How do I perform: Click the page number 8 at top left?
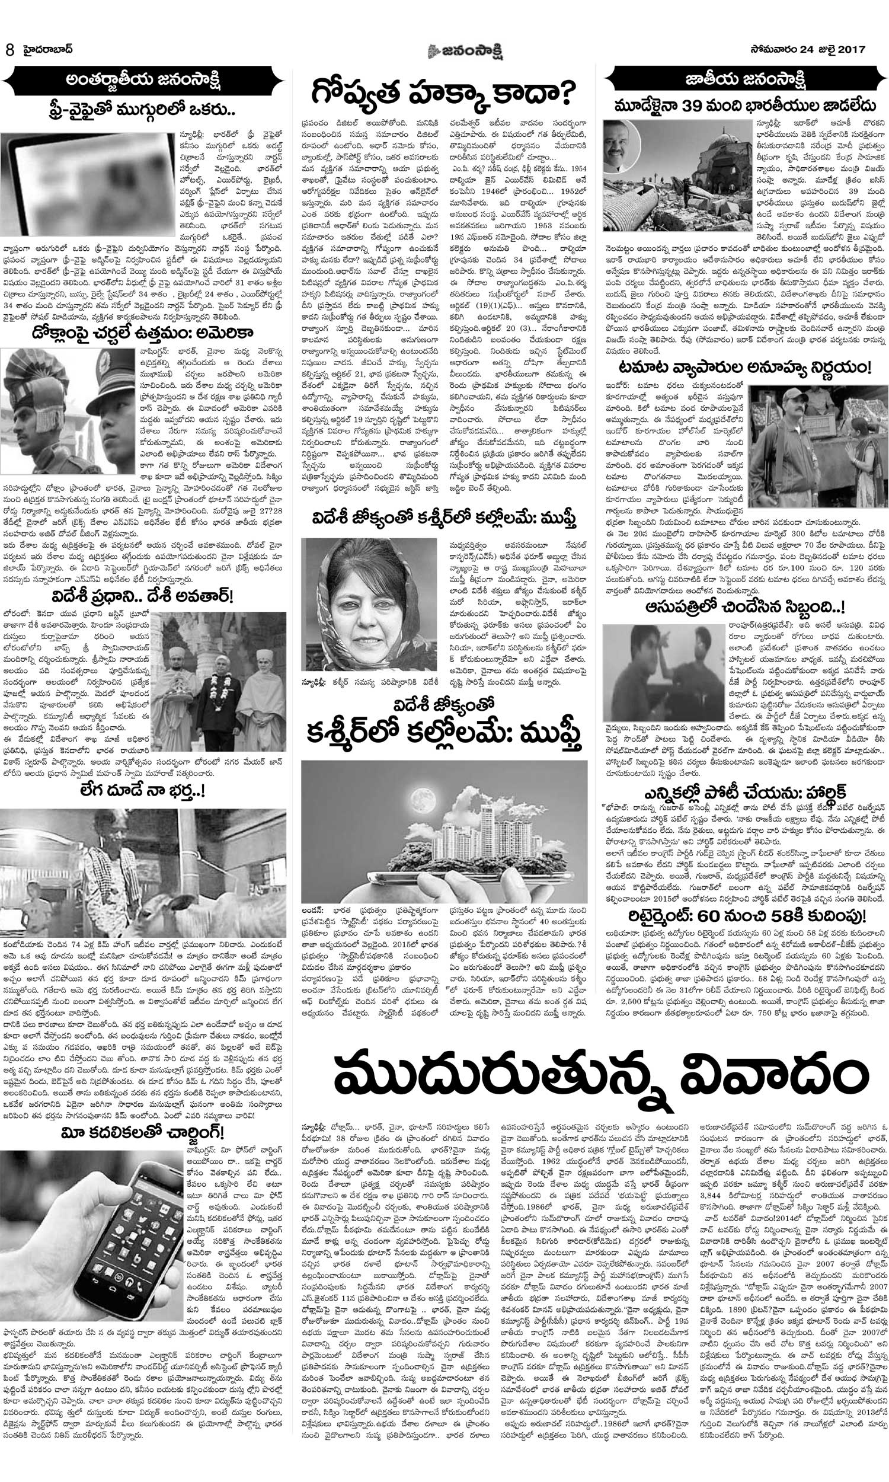pyautogui.click(x=9, y=50)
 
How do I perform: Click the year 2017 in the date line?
pyautogui.click(x=851, y=50)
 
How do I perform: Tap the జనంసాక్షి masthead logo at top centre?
pyautogui.click(x=443, y=50)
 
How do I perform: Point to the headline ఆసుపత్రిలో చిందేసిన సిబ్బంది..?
pyautogui.click(x=745, y=608)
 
